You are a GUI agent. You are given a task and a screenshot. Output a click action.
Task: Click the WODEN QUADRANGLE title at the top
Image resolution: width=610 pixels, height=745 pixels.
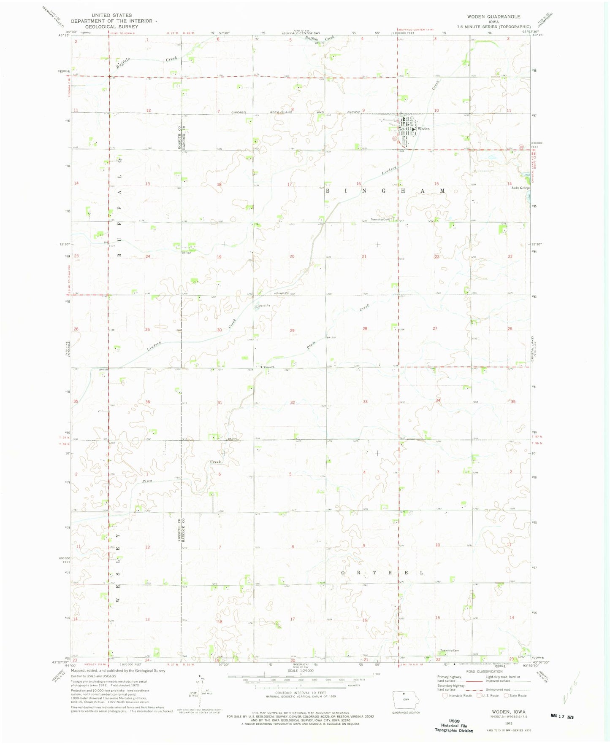[x=493, y=16]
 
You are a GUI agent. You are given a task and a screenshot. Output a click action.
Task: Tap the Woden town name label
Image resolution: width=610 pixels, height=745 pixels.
[x=423, y=129]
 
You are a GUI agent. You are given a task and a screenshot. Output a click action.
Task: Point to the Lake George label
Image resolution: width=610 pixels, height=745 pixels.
[x=520, y=188]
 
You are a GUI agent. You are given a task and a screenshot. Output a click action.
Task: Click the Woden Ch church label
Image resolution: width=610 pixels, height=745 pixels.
[x=268, y=367]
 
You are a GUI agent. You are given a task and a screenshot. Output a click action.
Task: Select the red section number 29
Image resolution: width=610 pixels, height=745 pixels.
[x=292, y=331]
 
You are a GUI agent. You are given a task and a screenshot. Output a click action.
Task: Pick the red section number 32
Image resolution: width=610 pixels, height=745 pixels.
[x=292, y=403]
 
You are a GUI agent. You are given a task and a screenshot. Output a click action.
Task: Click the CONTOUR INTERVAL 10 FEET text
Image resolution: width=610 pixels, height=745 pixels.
[x=300, y=692]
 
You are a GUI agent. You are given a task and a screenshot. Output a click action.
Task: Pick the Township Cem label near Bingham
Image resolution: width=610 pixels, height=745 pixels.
[x=380, y=219]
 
